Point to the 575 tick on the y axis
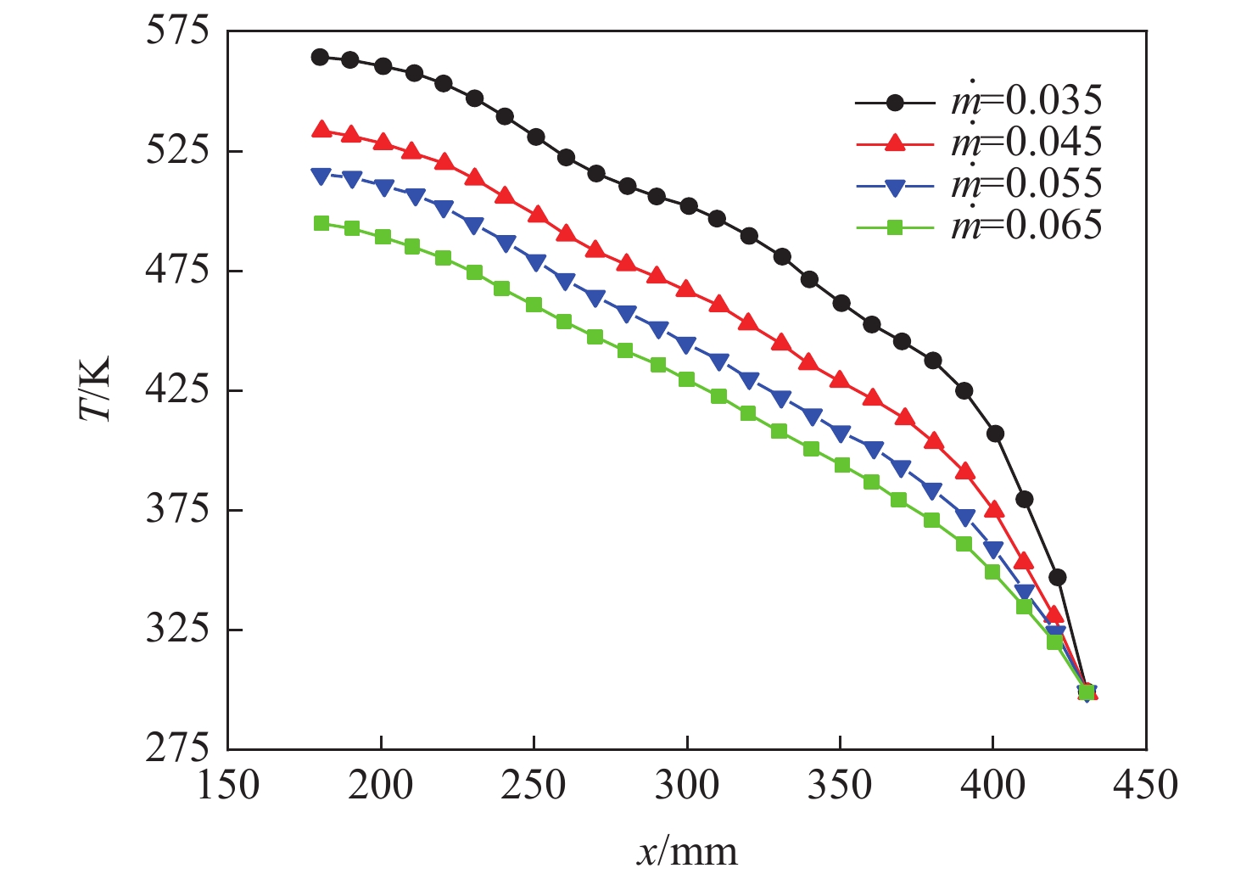[176, 31]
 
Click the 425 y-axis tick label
[176, 390]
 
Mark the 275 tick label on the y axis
[176, 749]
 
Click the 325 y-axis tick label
[176, 630]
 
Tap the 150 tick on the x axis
[228, 786]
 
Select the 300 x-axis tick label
[687, 786]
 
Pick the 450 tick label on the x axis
[1146, 786]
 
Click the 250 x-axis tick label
[534, 786]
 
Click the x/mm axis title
[687, 851]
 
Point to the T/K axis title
[95, 390]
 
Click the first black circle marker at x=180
[320, 57]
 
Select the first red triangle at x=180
[320, 130]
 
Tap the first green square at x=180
[321, 223]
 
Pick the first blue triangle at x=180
[320, 176]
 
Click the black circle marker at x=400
[995, 434]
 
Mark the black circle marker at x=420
[1057, 578]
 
